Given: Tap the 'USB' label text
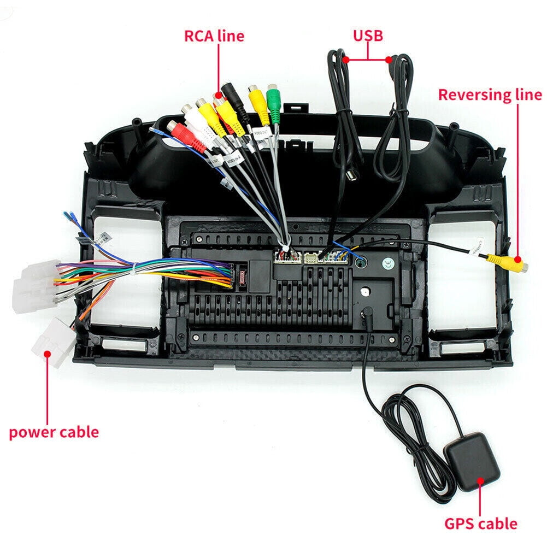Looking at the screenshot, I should click(367, 36).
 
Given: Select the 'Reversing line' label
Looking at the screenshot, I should click(490, 95).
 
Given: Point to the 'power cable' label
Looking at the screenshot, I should click(54, 432).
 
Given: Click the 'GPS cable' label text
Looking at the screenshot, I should click(480, 524).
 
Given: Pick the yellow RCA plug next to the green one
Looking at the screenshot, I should click(255, 101).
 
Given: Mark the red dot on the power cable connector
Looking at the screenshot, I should click(47, 354).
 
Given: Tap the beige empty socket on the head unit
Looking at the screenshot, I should click(312, 257).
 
